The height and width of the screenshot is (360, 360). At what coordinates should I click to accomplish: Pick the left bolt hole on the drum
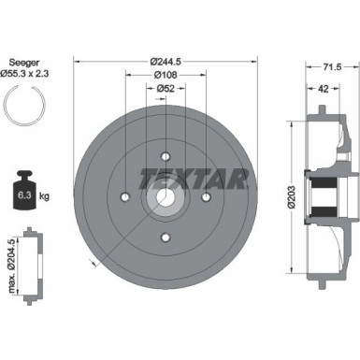(125, 197)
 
